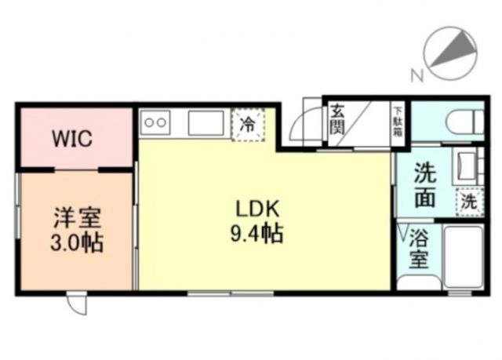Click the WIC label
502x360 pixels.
72,140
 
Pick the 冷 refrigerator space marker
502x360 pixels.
247,123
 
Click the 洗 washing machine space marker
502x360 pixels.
467,201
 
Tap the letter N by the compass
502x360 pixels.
416,75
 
